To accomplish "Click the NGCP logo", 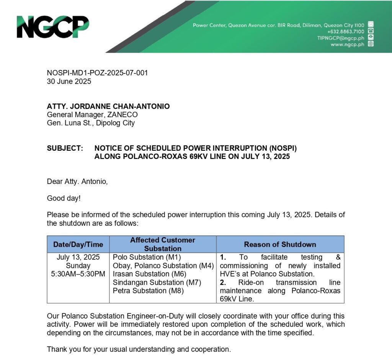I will pos(52,27).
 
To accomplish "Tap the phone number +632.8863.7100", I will pos(346,31).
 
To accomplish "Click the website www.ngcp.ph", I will pos(347,44).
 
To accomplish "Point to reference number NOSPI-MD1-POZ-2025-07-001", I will pos(97,73).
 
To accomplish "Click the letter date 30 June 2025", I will pos(69,81).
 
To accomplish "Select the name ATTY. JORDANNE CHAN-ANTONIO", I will pos(108,106).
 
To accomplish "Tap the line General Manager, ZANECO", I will pos(92,115).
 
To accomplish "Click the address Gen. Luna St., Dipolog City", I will pos(91,123).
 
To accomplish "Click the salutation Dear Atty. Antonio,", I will pos(77,181).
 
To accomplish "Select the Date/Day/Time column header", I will pos(78,244).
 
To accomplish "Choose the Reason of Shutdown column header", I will pos(280,244).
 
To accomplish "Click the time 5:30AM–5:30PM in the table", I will pos(78,274).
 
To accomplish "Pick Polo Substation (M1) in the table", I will pos(147,257).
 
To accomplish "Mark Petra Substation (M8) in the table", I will pos(148,291).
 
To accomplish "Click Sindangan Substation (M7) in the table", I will pos(157,282).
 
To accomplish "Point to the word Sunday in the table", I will pos(78,266).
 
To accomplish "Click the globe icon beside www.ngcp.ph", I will pos(371,44).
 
